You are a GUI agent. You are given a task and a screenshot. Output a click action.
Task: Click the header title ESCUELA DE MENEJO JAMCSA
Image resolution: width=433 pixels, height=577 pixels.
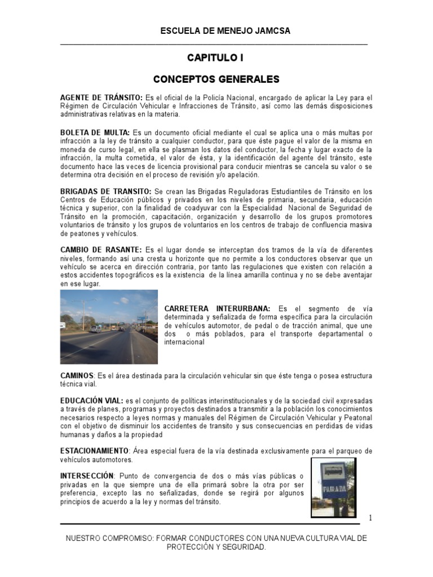217,31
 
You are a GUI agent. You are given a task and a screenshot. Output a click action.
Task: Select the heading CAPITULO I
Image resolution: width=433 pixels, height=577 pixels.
216,58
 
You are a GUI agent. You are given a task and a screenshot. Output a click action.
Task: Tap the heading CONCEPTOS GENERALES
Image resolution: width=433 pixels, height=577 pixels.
216,79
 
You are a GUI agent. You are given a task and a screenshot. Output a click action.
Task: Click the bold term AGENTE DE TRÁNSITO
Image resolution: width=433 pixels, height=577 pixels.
101,97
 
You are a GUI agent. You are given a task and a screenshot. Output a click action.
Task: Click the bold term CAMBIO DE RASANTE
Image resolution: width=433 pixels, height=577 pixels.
101,250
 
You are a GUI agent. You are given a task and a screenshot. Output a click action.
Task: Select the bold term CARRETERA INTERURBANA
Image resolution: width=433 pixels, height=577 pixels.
217,309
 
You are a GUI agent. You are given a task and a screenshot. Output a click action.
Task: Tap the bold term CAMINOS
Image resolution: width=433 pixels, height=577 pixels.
77,375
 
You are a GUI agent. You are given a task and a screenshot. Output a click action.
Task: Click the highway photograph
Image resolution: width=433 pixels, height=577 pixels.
109,327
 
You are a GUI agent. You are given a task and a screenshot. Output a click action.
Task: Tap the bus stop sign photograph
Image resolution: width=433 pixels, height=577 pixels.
333,487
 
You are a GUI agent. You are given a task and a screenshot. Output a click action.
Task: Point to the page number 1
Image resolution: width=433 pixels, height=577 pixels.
370,517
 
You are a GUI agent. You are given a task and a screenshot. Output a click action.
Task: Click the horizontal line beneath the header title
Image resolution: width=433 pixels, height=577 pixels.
214,44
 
